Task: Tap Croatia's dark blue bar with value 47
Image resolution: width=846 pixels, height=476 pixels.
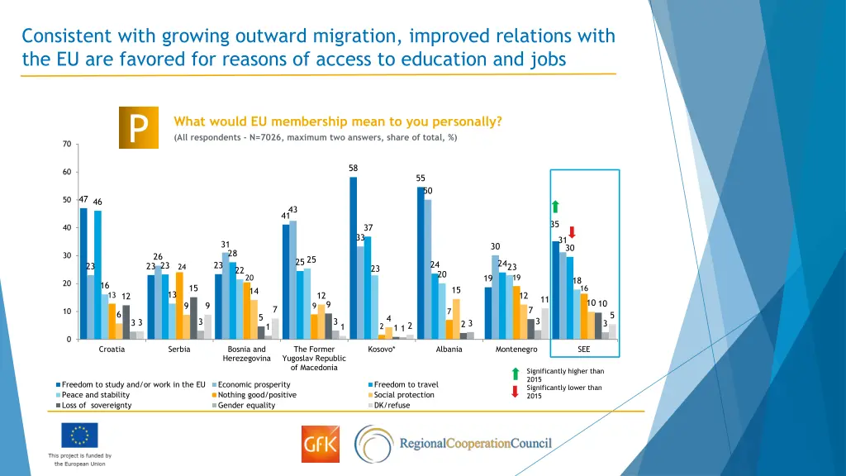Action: point(83,273)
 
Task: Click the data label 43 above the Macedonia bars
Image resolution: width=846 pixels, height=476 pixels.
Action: point(292,210)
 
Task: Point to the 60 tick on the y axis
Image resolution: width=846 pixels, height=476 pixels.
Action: point(66,172)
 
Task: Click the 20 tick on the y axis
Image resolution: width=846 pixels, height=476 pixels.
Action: point(66,283)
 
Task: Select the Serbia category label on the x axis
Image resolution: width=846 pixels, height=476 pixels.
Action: point(179,350)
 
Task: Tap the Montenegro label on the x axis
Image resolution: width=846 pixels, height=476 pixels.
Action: point(517,350)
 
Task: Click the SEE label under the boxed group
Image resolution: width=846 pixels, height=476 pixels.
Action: point(584,350)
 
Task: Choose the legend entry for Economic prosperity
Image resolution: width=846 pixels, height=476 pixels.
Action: point(254,384)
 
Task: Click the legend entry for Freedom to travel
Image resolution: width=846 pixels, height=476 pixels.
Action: point(406,384)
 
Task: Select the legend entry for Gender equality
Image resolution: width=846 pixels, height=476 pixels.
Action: point(246,406)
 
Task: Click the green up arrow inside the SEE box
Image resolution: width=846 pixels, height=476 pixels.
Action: point(555,206)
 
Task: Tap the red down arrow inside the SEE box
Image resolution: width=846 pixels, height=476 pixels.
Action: point(571,232)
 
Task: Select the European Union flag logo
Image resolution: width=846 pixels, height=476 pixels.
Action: point(79,436)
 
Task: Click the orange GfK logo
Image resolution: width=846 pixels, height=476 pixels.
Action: point(315,442)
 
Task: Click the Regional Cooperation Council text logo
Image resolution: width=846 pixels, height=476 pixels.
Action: point(474,444)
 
